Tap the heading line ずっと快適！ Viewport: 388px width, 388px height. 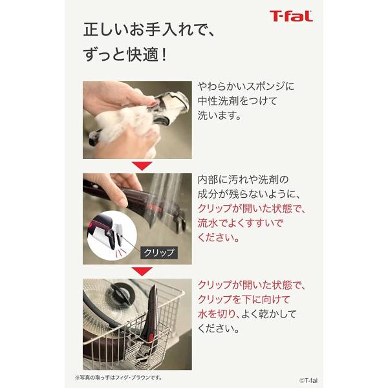(125, 55)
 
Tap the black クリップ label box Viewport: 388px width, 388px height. (157, 253)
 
